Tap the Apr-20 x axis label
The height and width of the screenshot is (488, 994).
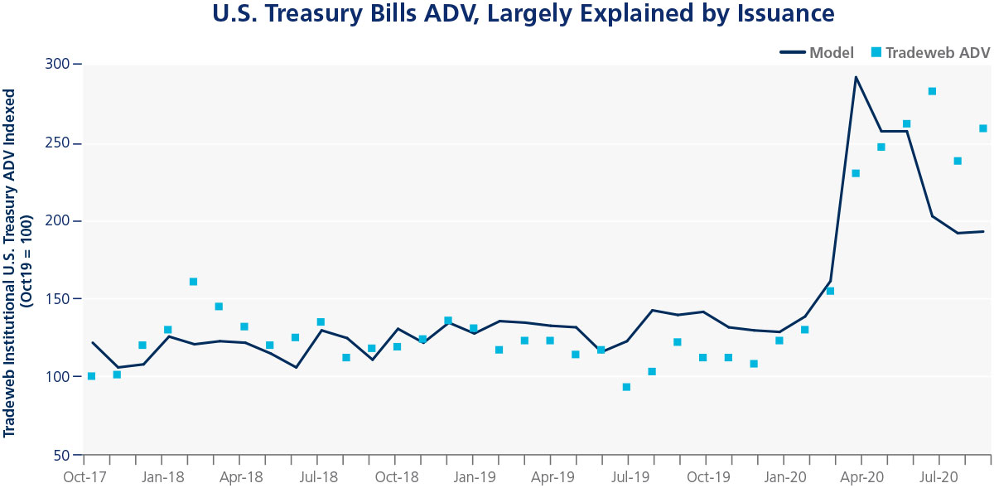tap(861, 477)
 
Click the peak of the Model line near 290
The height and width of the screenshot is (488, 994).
tap(856, 77)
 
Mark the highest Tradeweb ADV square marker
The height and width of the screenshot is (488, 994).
tap(932, 91)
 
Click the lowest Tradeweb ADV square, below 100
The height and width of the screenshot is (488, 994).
tap(626, 387)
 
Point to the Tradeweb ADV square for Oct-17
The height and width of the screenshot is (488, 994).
tap(91, 376)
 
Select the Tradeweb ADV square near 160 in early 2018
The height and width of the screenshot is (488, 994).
tap(193, 282)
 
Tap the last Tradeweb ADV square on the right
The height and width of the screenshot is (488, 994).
tap(983, 128)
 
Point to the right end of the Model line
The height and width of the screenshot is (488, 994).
tap(983, 231)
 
